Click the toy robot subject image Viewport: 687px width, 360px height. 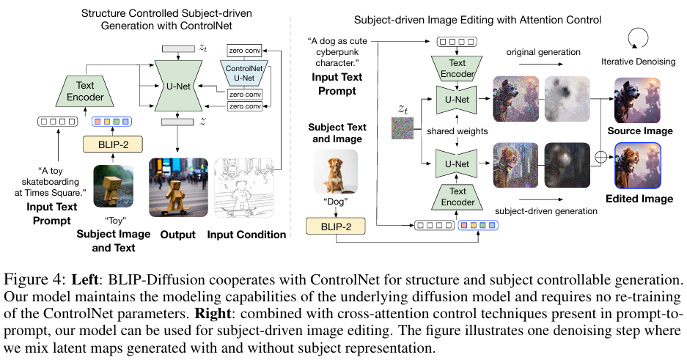[x=114, y=187]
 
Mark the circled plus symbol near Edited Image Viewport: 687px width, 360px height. [x=602, y=156]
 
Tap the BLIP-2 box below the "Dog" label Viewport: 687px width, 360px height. [x=335, y=227]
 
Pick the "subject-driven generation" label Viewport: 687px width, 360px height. [x=542, y=210]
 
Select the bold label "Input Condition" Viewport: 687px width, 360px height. [x=246, y=235]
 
